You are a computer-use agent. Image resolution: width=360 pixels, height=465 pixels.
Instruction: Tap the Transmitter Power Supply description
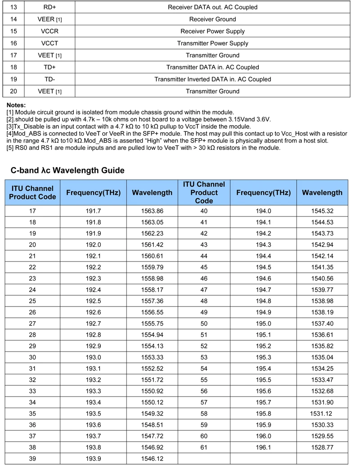[x=212, y=43]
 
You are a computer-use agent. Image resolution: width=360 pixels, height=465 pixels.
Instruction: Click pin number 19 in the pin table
[x=13, y=79]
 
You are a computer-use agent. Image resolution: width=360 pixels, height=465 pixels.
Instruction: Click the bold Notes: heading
[x=16, y=105]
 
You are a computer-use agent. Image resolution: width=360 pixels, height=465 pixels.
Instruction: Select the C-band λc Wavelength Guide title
[x=67, y=171]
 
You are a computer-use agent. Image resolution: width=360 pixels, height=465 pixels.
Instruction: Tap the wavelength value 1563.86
[x=152, y=211]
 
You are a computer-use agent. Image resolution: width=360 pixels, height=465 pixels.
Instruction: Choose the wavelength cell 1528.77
[x=322, y=447]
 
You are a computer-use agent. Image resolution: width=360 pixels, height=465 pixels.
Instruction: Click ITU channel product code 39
[x=32, y=459]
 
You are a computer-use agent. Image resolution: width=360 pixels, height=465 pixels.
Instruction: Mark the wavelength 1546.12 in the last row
[x=152, y=459]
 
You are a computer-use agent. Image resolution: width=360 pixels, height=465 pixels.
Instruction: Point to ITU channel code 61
[x=204, y=447]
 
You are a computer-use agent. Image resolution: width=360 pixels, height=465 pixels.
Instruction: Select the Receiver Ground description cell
[x=212, y=19]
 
